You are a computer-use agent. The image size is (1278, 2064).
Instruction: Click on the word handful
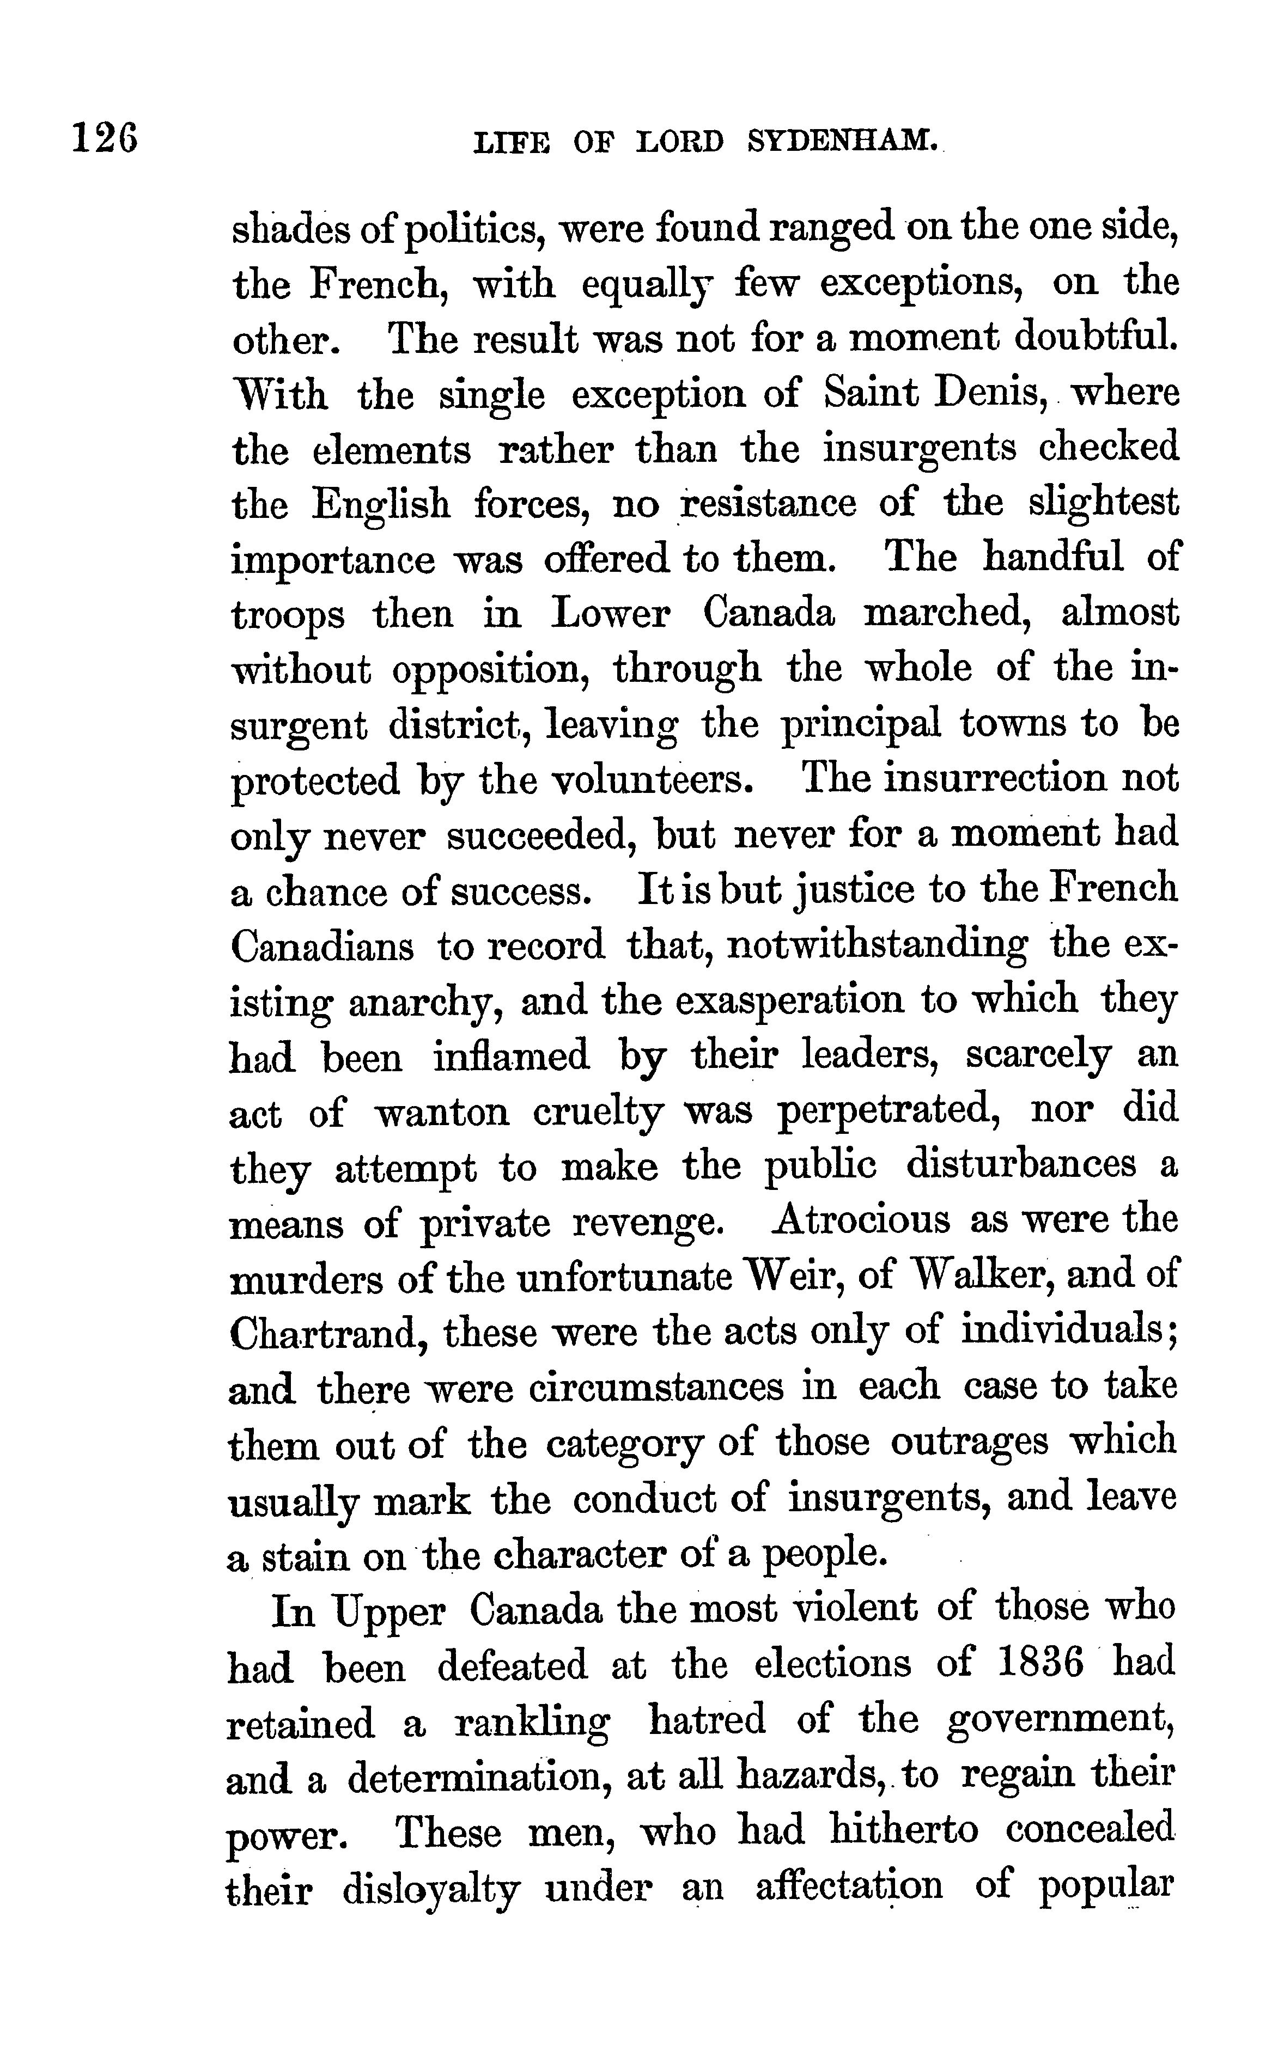(x=1053, y=558)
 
